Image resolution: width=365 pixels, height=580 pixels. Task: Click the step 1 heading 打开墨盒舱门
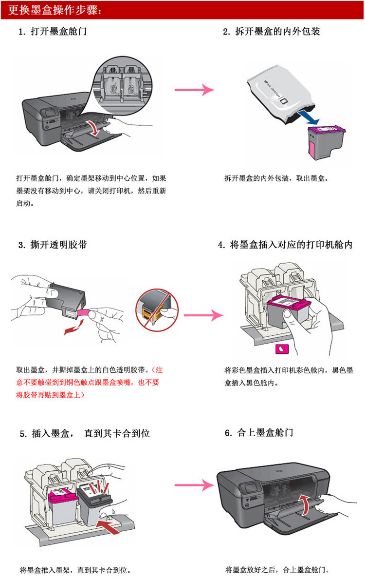coord(59,32)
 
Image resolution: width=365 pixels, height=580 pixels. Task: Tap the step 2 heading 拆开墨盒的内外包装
coord(277,32)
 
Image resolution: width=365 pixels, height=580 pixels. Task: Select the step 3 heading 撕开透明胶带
coord(59,245)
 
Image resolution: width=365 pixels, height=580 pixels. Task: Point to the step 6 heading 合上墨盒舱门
coord(265,432)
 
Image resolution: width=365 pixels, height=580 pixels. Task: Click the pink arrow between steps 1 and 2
coord(194,90)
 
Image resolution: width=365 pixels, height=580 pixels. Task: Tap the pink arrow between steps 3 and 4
coord(203,315)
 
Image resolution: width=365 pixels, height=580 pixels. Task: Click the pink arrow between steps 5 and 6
coord(194,485)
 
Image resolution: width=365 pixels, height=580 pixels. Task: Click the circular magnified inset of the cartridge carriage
coord(122,85)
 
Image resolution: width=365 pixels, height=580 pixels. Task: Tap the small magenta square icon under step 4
coord(283,349)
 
